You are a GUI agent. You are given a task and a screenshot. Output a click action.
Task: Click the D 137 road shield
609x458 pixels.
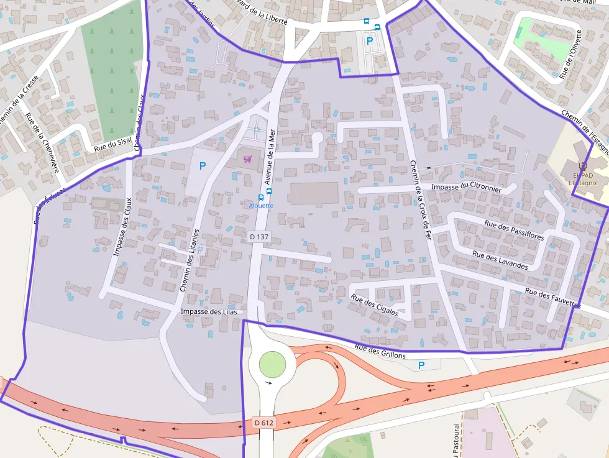[260, 237]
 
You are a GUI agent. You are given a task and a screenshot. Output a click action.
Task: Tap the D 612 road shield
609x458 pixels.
[264, 423]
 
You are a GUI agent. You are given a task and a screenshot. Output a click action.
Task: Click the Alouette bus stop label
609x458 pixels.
[261, 205]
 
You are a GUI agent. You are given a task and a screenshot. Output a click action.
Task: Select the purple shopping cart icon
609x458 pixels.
[247, 159]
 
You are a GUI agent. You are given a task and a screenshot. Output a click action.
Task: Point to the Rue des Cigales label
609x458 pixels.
[375, 306]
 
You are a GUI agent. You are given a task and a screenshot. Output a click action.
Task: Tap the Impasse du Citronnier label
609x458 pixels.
[466, 186]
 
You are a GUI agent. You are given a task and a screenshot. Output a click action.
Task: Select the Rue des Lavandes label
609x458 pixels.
[500, 260]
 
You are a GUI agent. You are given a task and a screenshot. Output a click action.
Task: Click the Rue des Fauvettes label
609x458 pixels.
[552, 298]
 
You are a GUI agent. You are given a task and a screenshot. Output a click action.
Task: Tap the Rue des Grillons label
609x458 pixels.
[380, 352]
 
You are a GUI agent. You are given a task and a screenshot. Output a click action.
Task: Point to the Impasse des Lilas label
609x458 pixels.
[209, 311]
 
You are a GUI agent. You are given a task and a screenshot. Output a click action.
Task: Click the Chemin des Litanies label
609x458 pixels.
[189, 260]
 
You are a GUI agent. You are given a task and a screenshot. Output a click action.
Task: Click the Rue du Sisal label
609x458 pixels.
[112, 145]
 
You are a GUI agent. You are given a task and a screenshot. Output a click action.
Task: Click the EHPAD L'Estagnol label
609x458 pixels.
[582, 179]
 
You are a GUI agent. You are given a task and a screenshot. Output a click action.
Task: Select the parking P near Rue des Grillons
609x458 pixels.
[421, 365]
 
